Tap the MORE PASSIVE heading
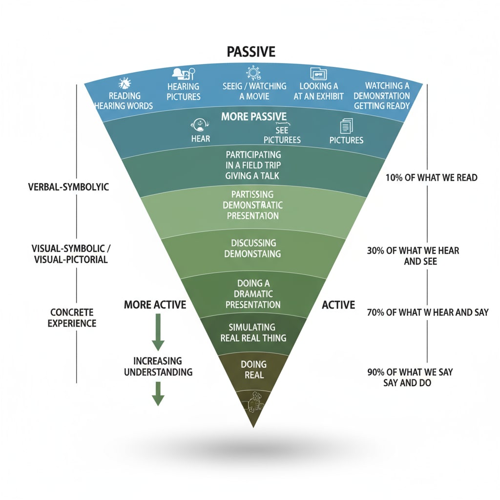[253, 117]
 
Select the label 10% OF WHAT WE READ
[430, 178]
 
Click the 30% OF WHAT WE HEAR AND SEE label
[413, 256]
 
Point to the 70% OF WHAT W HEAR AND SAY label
[427, 312]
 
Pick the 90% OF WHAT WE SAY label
[410, 377]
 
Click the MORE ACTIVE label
[155, 305]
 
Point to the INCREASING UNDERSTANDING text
[158, 366]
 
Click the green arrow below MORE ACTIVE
[157, 332]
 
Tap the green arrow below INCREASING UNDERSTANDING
[157, 394]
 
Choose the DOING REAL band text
[253, 370]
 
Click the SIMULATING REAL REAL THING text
[253, 333]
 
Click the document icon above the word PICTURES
[346, 126]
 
